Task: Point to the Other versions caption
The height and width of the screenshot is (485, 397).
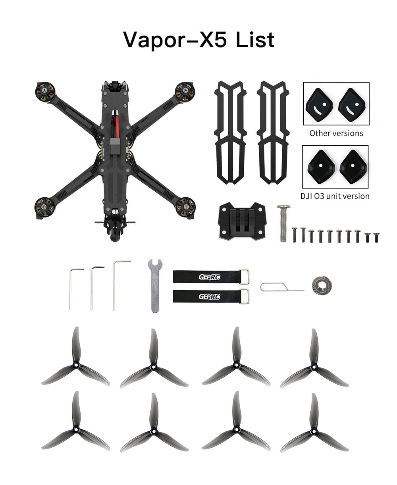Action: click(336, 133)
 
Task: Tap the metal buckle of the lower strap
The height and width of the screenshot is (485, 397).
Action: click(244, 296)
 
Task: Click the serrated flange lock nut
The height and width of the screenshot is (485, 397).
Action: click(321, 284)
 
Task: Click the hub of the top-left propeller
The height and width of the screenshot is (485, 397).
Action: click(76, 365)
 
